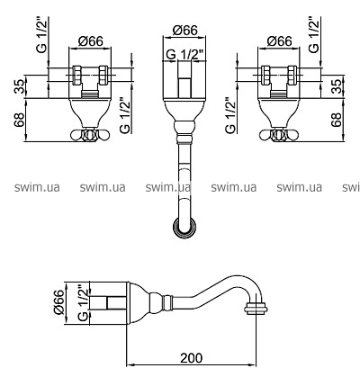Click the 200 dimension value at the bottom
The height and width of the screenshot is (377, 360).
pos(192,357)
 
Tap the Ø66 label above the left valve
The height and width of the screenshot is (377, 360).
pos(90,41)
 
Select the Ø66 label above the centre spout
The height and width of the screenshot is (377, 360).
pos(185,31)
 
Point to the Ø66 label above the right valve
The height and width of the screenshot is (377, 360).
pos(279,41)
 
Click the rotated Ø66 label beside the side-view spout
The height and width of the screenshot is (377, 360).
pos(59,302)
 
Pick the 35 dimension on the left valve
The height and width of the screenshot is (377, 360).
pos(20,86)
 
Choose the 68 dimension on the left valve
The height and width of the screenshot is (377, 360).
pos(20,120)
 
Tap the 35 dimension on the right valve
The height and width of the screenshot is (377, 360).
pos(337,86)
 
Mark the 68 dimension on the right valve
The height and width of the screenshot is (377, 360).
pos(337,120)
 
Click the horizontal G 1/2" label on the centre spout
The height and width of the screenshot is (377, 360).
pos(185,55)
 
